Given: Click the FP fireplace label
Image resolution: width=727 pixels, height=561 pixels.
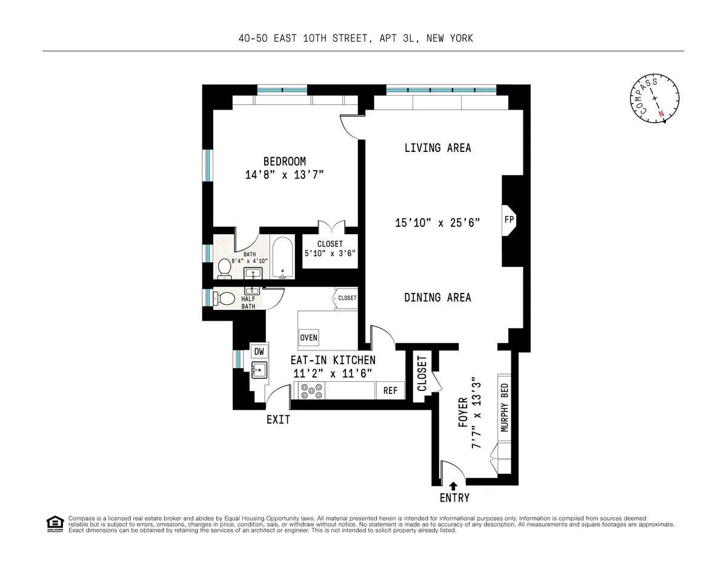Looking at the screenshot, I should click(x=509, y=220).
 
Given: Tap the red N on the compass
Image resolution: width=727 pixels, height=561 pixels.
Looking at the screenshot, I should click(x=661, y=113).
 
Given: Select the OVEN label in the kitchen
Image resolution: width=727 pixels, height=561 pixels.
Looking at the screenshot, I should click(x=308, y=338).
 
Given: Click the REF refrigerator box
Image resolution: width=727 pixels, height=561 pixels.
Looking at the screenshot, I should click(x=390, y=391).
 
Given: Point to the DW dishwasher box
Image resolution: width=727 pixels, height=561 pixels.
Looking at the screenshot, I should click(x=259, y=352).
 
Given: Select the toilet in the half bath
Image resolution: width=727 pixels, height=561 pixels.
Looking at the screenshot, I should click(x=225, y=298).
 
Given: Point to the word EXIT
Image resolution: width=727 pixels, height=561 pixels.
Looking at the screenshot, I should click(x=278, y=419).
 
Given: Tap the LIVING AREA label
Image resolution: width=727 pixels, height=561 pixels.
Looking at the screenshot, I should click(x=437, y=148).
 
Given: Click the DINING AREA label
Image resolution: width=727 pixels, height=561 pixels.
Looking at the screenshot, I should click(x=437, y=297).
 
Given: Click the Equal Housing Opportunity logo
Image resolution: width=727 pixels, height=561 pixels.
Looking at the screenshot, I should click(x=55, y=523).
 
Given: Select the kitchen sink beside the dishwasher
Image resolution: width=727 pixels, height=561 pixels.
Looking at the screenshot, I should click(x=259, y=370).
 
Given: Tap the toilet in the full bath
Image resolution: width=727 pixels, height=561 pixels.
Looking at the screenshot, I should click(x=224, y=267).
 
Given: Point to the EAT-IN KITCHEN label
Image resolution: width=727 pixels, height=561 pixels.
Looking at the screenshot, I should click(x=334, y=360).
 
